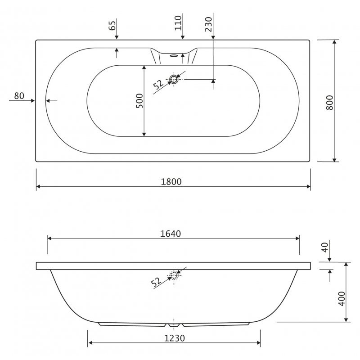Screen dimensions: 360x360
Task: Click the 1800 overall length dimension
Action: tap(171, 181)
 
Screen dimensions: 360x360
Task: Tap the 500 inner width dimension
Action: tap(139, 101)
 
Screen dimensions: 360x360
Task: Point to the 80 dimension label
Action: tap(19, 95)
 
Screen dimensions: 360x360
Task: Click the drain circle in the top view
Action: tap(174, 79)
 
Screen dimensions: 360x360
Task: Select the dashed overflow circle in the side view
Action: tap(174, 275)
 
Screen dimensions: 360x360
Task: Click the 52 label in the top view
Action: tap(158, 85)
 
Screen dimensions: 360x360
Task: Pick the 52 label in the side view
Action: tap(156, 282)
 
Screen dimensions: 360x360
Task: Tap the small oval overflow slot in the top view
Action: tap(174, 56)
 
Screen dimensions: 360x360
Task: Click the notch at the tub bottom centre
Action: tap(174, 324)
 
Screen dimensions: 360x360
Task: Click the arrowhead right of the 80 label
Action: tap(32, 100)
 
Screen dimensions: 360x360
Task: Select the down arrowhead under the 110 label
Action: tap(182, 37)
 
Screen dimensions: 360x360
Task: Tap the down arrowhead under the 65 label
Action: tap(116, 37)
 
